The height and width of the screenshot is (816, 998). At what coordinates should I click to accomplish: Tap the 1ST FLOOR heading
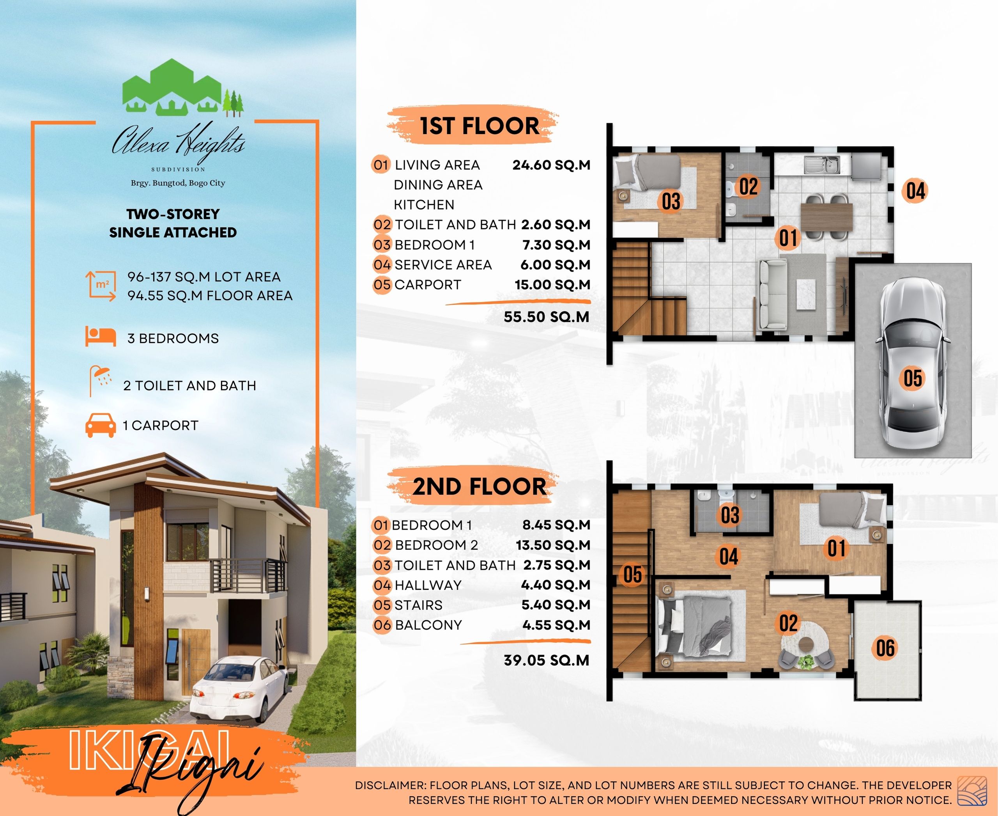[x=479, y=126]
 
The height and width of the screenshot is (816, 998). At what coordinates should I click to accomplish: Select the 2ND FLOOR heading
[x=479, y=486]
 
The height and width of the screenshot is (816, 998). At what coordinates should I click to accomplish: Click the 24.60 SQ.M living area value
[x=551, y=165]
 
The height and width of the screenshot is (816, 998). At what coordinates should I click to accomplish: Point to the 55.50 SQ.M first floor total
[x=547, y=317]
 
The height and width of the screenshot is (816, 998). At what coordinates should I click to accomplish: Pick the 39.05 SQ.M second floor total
[x=547, y=660]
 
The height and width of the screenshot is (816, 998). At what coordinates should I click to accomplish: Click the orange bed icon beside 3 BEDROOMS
[x=101, y=337]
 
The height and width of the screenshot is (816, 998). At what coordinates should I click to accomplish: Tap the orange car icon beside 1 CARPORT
[x=101, y=426]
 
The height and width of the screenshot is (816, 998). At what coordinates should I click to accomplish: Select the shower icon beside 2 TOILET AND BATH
[x=100, y=381]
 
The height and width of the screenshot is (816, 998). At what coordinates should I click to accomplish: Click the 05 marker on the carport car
[x=913, y=378]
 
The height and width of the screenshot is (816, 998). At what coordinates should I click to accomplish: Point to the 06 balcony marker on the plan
[x=886, y=648]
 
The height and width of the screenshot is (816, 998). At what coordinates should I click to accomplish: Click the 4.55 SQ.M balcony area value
[x=556, y=625]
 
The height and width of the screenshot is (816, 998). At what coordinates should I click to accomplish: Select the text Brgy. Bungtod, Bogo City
[x=178, y=183]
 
